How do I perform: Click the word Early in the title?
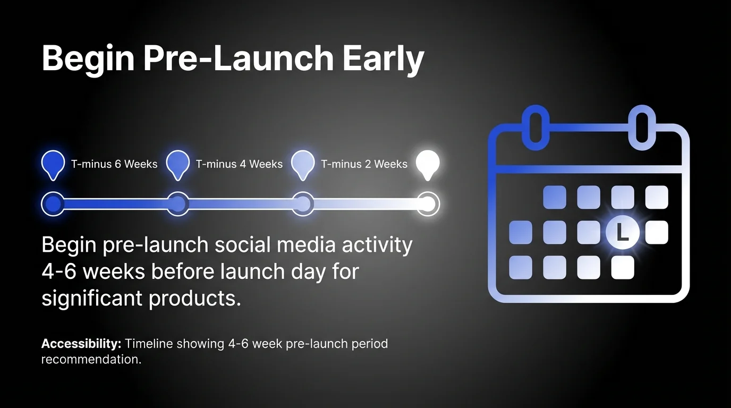pyautogui.click(x=383, y=58)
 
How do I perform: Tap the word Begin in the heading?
pyautogui.click(x=88, y=58)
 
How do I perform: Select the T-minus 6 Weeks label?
pyautogui.click(x=114, y=164)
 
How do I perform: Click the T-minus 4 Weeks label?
pyautogui.click(x=239, y=164)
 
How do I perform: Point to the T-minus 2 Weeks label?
pyautogui.click(x=364, y=164)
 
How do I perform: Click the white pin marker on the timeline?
pyautogui.click(x=428, y=164)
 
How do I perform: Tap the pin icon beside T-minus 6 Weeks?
pyautogui.click(x=53, y=164)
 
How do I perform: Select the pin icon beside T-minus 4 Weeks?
pyautogui.click(x=178, y=164)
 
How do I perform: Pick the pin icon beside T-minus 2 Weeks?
pyautogui.click(x=303, y=164)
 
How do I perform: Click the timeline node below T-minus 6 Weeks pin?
pyautogui.click(x=53, y=204)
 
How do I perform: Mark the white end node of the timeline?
pyautogui.click(x=428, y=204)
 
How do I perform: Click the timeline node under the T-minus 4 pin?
pyautogui.click(x=178, y=204)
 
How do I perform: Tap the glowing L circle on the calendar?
pyautogui.click(x=622, y=232)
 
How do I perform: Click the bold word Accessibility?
pyautogui.click(x=81, y=344)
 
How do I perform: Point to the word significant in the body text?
pyautogui.click(x=92, y=299)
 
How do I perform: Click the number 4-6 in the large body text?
pyautogui.click(x=59, y=271)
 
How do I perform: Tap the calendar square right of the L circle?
pyautogui.click(x=657, y=232)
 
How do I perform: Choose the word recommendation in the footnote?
pyautogui.click(x=91, y=360)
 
